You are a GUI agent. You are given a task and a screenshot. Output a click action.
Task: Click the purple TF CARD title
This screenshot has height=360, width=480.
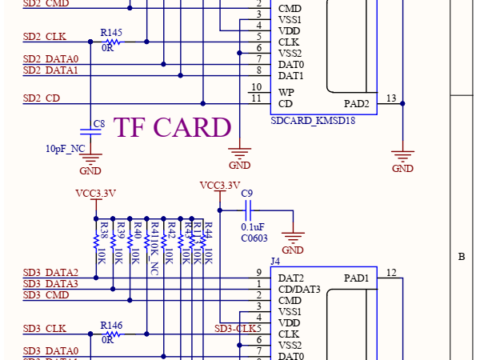(173, 127)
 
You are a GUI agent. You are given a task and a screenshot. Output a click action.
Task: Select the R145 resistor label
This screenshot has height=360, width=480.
(111, 32)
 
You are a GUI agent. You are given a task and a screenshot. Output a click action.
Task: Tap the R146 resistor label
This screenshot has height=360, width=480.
(111, 326)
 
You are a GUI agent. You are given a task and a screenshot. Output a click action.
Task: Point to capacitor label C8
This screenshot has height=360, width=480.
(99, 124)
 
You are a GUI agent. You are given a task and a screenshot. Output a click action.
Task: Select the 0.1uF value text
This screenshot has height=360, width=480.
(253, 226)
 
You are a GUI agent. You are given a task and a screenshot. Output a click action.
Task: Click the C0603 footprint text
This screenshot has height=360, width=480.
(254, 238)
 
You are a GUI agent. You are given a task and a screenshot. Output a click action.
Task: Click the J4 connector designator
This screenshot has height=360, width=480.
(276, 262)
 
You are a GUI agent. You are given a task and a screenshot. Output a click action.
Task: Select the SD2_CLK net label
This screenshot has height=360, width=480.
(45, 37)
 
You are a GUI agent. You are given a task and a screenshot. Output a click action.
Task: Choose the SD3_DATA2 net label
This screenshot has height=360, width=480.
(50, 274)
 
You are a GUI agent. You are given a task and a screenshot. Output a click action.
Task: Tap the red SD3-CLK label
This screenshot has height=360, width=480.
(237, 329)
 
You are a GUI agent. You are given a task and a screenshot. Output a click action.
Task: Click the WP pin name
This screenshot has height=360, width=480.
(286, 92)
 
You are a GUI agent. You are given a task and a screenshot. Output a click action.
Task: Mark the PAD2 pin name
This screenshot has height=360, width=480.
(357, 103)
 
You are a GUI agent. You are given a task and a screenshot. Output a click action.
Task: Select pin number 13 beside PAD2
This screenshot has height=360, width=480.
(390, 98)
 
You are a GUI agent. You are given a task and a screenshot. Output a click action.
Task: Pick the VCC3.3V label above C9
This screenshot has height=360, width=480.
(220, 186)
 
